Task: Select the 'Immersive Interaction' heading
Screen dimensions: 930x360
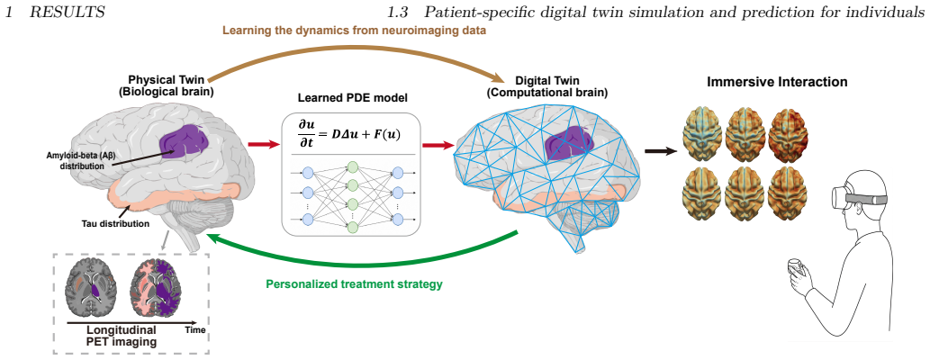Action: click(777, 82)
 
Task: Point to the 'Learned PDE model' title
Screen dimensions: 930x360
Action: click(351, 100)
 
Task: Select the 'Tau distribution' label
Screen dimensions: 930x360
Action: click(115, 224)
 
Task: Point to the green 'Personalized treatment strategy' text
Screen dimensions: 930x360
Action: click(354, 284)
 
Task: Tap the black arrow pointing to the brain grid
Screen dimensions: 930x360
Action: click(660, 151)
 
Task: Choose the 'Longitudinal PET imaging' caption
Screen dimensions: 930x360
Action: click(122, 336)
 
